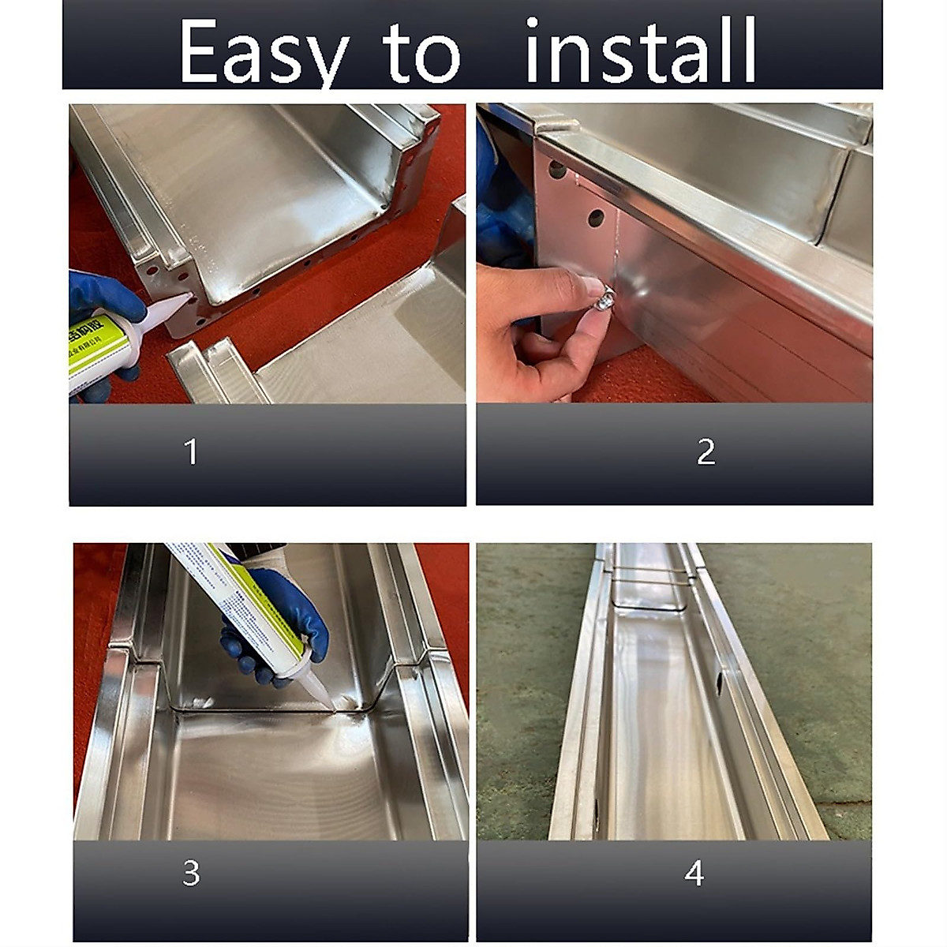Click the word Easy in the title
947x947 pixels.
(x=264, y=52)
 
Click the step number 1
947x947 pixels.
(x=190, y=452)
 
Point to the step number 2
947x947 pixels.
(x=706, y=451)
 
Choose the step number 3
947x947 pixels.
(x=191, y=874)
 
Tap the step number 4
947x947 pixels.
(x=694, y=874)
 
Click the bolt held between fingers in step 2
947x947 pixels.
(x=606, y=298)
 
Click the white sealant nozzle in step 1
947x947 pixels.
(x=167, y=311)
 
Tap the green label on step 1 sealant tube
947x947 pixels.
(x=95, y=347)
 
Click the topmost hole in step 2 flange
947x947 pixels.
(x=557, y=170)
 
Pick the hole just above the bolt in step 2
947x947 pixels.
(x=596, y=218)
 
